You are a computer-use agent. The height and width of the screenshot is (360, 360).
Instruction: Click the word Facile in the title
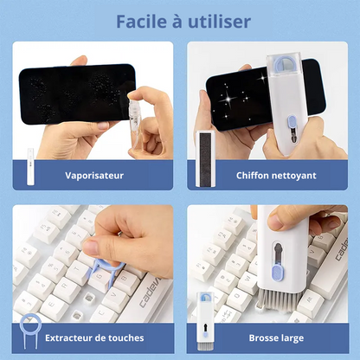(x=141, y=22)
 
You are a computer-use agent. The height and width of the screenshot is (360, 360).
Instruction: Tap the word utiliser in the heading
(x=220, y=22)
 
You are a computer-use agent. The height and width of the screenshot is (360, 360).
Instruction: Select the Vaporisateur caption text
(x=94, y=176)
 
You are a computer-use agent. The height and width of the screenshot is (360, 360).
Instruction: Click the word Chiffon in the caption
(x=252, y=175)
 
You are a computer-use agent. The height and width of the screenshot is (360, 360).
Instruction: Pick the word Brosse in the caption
(x=261, y=337)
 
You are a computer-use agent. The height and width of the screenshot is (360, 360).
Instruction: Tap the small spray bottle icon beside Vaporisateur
(x=30, y=167)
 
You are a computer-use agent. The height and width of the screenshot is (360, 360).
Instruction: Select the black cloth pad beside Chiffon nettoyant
(x=205, y=159)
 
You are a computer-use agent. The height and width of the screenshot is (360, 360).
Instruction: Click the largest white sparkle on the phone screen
(x=228, y=100)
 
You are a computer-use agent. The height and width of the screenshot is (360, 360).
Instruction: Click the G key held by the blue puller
(x=100, y=278)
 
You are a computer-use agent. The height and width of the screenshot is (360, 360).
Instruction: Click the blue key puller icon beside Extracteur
(x=30, y=331)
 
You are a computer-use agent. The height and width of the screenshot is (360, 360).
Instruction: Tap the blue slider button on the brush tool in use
(x=278, y=273)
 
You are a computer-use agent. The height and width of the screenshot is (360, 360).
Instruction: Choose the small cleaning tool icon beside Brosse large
(x=205, y=321)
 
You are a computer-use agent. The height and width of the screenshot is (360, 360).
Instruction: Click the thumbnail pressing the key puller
(x=90, y=247)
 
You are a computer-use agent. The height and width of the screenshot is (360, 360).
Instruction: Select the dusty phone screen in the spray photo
(x=77, y=93)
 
